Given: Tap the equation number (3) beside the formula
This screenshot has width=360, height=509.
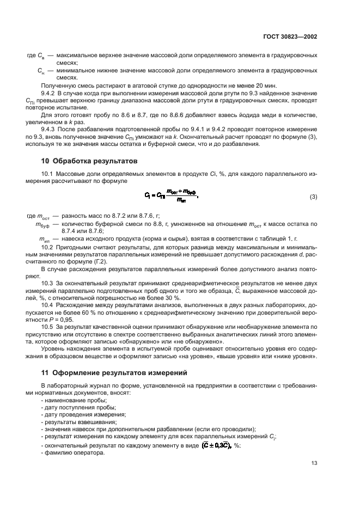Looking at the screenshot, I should [x=313, y=197].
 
